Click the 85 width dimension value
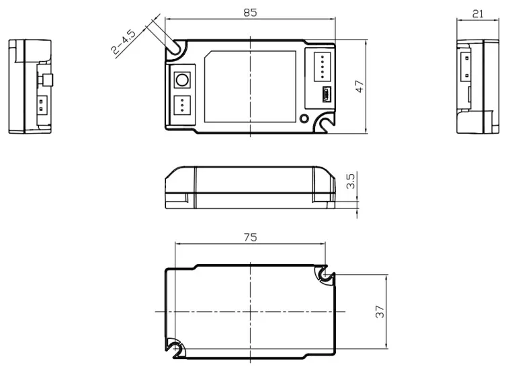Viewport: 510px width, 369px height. coord(250,12)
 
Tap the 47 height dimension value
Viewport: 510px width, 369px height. coord(359,86)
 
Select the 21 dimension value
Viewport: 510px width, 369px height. coord(477,13)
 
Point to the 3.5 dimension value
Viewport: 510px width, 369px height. coord(351,181)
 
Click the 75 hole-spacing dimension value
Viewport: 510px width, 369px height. coord(250,237)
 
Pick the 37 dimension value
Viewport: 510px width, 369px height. coord(380,311)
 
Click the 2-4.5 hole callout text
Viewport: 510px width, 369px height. coord(123,42)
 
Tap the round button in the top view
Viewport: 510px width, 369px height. coord(182,80)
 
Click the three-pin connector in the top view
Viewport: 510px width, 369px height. coord(182,105)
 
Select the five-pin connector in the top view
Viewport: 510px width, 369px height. coord(323,67)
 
